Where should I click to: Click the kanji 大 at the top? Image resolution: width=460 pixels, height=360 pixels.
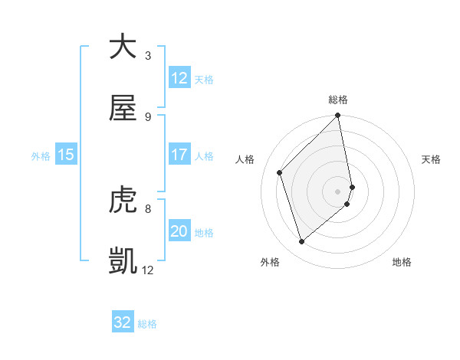[123, 47]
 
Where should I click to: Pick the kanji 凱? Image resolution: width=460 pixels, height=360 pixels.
[123, 260]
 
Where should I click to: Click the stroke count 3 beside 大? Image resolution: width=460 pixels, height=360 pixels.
[148, 56]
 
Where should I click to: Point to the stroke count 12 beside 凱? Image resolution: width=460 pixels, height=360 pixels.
[148, 270]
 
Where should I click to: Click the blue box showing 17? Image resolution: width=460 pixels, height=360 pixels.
[179, 155]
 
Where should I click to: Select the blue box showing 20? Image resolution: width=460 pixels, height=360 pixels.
[179, 231]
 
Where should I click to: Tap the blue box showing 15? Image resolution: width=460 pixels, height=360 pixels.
[65, 155]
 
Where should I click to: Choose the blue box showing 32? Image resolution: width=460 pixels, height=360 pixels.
[123, 322]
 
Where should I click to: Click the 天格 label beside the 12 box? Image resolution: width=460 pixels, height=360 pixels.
[204, 79]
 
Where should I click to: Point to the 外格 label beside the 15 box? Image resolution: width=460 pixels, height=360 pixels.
[41, 155]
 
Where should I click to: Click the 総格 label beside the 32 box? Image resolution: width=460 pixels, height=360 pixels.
[147, 323]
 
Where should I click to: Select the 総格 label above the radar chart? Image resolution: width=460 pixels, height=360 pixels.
[338, 100]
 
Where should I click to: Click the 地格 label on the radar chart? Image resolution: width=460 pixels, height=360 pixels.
[402, 263]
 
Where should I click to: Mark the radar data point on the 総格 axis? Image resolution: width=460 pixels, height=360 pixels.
[338, 116]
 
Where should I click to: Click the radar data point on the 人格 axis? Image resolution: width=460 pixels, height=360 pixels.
[280, 172]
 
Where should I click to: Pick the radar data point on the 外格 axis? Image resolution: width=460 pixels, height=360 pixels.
[301, 242]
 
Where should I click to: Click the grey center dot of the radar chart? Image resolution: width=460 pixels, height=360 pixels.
[338, 191]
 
